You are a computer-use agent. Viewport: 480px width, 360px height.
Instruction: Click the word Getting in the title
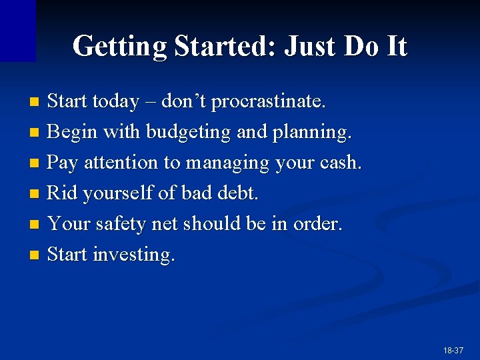[x=119, y=47]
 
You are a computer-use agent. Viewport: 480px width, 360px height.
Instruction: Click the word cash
[x=341, y=163]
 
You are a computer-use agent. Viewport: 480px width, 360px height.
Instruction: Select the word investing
[x=134, y=255]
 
